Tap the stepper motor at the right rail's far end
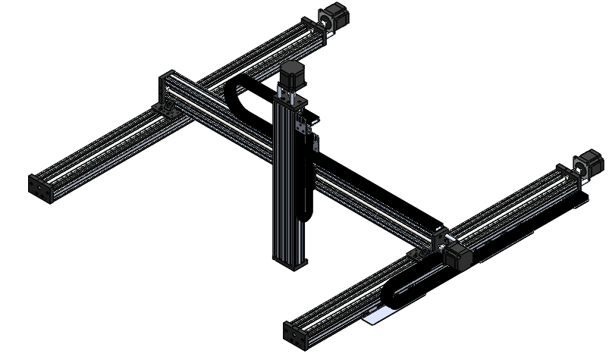(x=589, y=162)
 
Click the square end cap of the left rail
(x=39, y=188)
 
